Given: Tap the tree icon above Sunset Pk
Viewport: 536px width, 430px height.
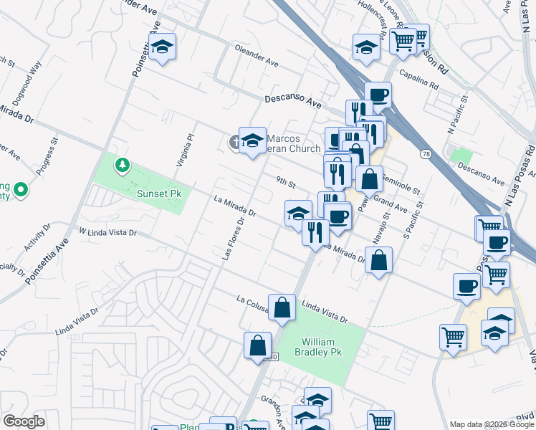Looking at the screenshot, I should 123,166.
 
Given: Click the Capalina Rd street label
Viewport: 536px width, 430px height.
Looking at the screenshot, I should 419,81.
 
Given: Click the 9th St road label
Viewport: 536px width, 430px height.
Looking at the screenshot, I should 286,183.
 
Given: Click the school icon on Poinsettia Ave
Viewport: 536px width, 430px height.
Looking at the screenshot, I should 163,47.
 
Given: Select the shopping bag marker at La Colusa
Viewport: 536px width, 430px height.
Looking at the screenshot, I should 282,308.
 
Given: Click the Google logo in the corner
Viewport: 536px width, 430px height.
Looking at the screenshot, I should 24,421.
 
